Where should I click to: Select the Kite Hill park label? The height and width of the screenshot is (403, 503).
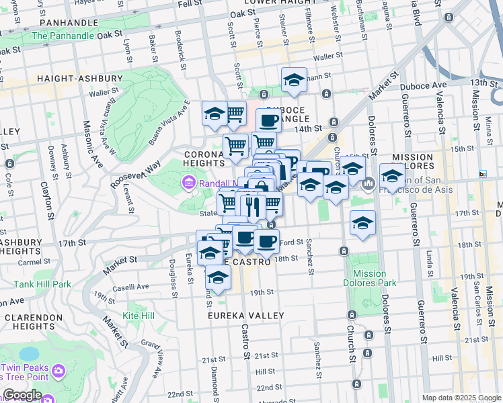coord(139,315)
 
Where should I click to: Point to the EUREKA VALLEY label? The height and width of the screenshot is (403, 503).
coord(246,315)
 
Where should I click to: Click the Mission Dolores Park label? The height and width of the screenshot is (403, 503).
coord(370,279)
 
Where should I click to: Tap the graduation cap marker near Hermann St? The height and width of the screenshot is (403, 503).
coord(294,81)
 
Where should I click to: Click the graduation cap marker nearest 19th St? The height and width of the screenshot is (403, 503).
coord(218,276)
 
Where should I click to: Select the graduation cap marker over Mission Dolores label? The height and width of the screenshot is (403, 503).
coord(392,177)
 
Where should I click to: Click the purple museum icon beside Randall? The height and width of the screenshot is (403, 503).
coord(188,183)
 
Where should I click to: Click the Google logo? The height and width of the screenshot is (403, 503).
coord(22,395)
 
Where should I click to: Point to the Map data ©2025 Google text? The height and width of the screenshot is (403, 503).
coord(461,398)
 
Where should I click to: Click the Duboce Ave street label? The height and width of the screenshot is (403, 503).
coord(423,85)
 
